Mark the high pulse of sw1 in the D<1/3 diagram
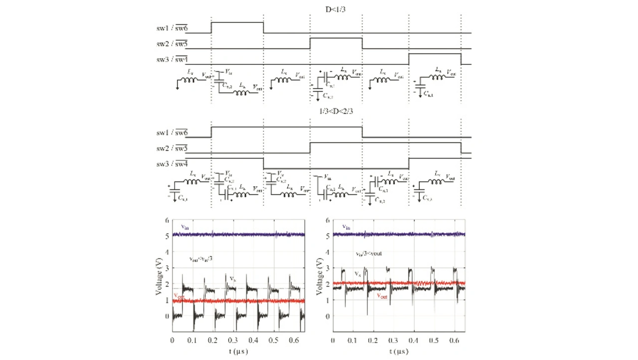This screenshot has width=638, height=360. click(237, 22)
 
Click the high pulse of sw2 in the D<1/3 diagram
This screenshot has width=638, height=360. click(336, 38)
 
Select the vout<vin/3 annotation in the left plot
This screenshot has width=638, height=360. click(201, 259)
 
